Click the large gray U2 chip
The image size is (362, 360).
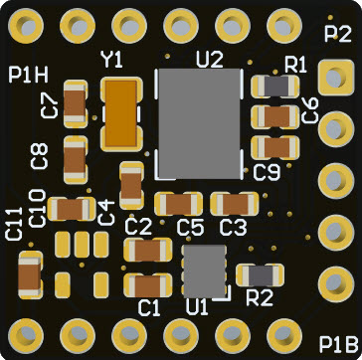tap(199, 123)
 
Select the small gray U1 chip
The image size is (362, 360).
tap(205, 271)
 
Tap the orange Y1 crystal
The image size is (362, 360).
tap(121, 113)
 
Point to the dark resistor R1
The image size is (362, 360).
tap(275, 87)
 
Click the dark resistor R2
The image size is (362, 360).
tap(261, 275)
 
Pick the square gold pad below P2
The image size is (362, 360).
tap(335, 78)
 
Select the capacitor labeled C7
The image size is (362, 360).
tap(75, 103)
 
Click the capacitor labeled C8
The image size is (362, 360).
tap(75, 160)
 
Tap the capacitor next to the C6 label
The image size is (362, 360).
tap(275, 117)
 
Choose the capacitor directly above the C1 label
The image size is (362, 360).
tap(148, 286)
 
